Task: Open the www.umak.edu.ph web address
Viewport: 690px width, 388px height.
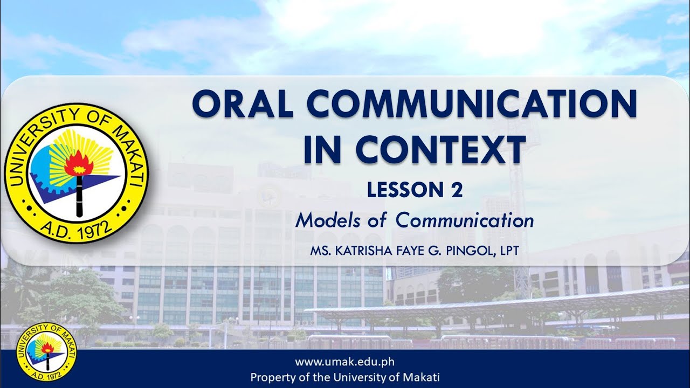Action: point(345,362)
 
